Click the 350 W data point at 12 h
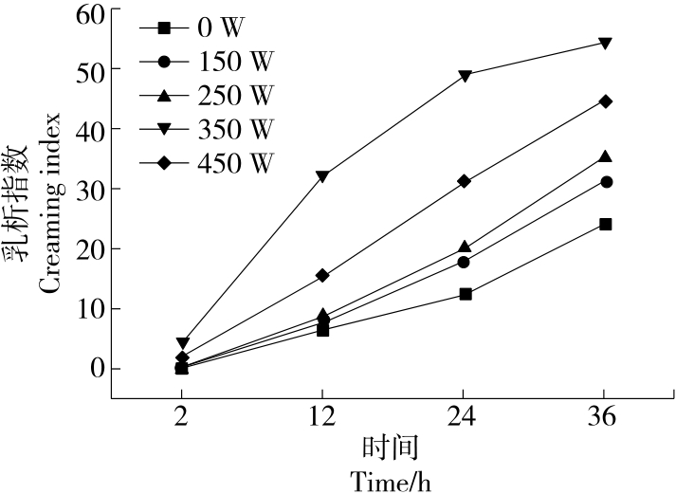click(x=322, y=176)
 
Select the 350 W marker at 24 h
click(x=465, y=76)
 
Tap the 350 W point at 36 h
click(x=605, y=44)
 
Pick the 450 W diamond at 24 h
click(x=465, y=181)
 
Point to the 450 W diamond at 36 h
click(x=605, y=101)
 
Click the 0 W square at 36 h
click(x=605, y=224)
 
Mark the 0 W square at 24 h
click(x=465, y=294)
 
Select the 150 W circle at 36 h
click(x=605, y=182)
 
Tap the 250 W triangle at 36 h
click(x=605, y=156)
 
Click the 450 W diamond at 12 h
click(x=322, y=275)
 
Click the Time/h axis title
click(x=391, y=481)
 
